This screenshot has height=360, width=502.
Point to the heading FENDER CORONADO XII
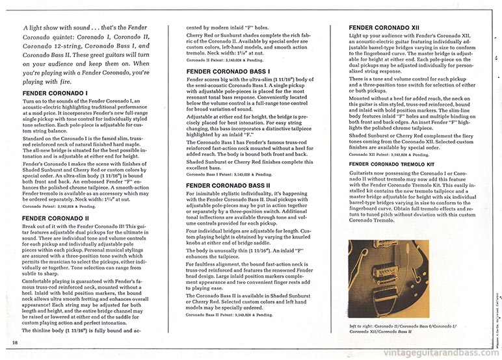tap(381, 28)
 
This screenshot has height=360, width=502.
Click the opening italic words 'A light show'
tap(43, 29)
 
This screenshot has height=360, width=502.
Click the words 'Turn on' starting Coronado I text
tap(31, 104)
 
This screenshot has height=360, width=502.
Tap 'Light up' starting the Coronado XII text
tap(360, 38)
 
